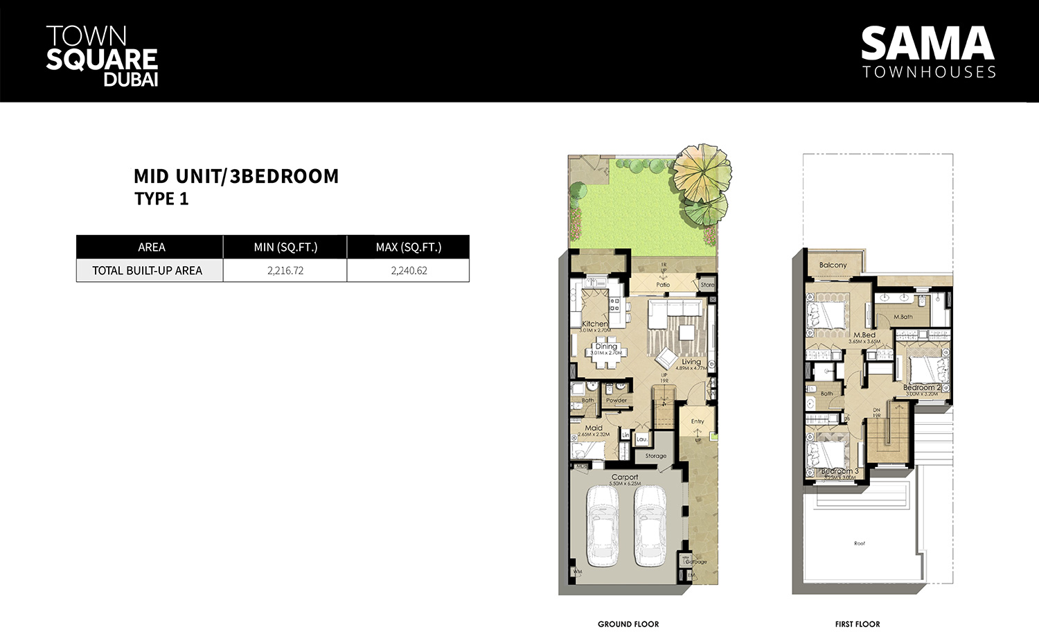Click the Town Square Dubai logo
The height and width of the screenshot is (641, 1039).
click(102, 56)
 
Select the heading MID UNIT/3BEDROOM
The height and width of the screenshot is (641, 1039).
click(236, 177)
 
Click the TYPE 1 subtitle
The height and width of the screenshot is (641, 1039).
click(161, 199)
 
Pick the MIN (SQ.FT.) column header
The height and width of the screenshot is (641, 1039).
click(285, 247)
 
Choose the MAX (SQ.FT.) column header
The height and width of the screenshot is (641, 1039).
click(409, 247)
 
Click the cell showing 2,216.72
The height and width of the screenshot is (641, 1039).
click(285, 271)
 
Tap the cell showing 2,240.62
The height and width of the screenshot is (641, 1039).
click(409, 271)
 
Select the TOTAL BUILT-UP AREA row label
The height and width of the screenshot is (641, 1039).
click(148, 271)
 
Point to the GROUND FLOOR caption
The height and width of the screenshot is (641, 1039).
click(628, 624)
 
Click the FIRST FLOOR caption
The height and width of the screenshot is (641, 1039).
click(858, 624)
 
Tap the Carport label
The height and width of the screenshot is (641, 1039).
click(625, 477)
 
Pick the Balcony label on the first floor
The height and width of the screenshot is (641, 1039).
click(833, 265)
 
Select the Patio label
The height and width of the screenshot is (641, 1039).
click(663, 285)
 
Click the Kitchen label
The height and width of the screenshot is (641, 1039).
click(594, 324)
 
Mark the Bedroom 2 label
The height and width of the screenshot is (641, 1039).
click(921, 388)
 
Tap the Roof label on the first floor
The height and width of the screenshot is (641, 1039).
click(860, 543)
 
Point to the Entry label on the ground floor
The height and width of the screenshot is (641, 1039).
click(698, 421)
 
